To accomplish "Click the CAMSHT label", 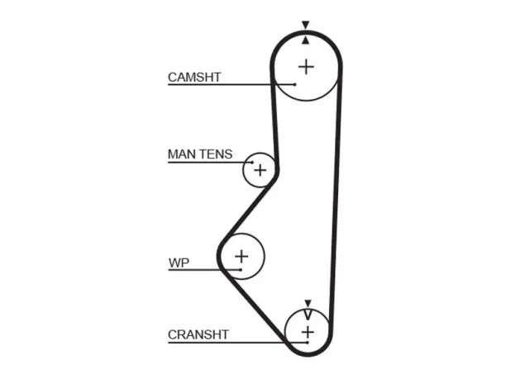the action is pyautogui.click(x=194, y=78).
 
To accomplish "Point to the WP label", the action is pyautogui.click(x=179, y=263).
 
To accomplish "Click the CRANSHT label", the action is pyautogui.click(x=198, y=334).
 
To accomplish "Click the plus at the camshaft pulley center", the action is pyautogui.click(x=306, y=67).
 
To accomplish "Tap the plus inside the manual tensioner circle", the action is pyautogui.click(x=260, y=170).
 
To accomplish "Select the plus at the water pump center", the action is pyautogui.click(x=241, y=257).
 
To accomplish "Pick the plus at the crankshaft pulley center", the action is pyautogui.click(x=308, y=332).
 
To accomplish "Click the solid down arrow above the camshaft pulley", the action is pyautogui.click(x=305, y=25).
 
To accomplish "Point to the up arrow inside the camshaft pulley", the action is pyautogui.click(x=306, y=40).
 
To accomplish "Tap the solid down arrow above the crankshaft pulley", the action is pyautogui.click(x=308, y=303).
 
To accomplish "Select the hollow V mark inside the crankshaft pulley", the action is pyautogui.click(x=308, y=315).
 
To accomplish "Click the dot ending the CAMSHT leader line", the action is pyautogui.click(x=295, y=84).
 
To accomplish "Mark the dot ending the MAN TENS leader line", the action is pyautogui.click(x=252, y=163).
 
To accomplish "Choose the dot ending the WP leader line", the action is pyautogui.click(x=241, y=269).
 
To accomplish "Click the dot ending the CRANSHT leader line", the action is pyautogui.click(x=308, y=343).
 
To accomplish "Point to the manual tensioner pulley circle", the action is pyautogui.click(x=243, y=170).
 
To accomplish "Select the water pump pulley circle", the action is pyautogui.click(x=265, y=257).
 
